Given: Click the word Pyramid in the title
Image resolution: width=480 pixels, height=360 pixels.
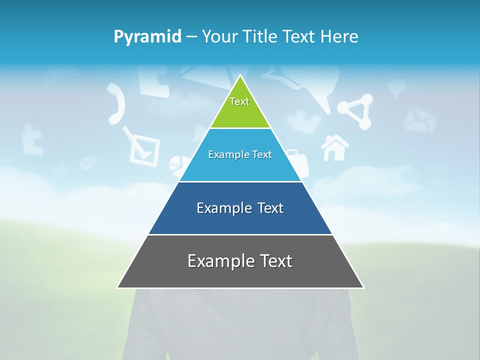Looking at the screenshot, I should pos(147,37).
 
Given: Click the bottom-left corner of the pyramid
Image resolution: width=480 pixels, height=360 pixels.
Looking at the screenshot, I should pos(118,287).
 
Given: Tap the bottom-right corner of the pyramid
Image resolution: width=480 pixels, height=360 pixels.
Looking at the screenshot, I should pos(363,287).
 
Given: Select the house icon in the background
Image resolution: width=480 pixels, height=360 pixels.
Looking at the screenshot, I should pos(334,148).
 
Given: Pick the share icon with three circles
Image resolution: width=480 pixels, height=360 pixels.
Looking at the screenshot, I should pos(356,111).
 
